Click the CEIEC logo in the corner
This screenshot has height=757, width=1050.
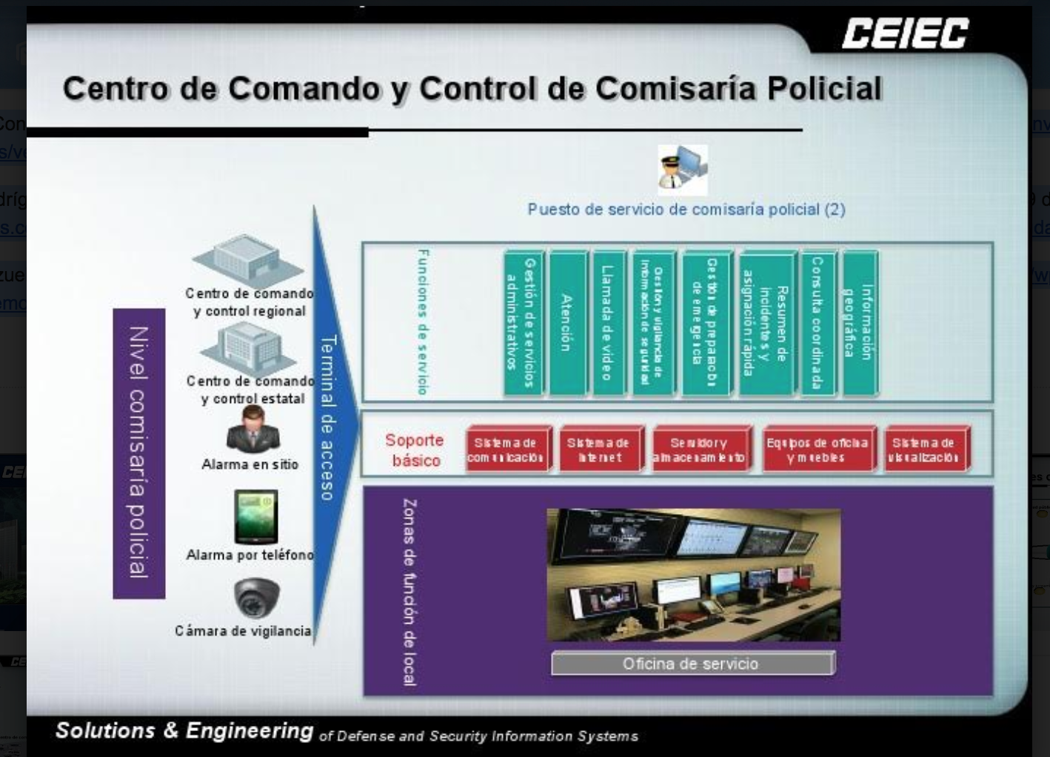[905, 34]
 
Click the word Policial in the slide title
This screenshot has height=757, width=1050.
[824, 89]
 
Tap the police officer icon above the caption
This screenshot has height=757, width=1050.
[682, 169]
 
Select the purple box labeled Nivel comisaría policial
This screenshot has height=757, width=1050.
[138, 453]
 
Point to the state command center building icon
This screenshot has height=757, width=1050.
[252, 348]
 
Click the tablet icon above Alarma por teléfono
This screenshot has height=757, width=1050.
[256, 516]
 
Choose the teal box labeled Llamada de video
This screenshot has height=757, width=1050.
[608, 323]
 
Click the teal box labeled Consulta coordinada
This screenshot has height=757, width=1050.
[817, 323]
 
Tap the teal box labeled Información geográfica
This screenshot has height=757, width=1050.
[860, 323]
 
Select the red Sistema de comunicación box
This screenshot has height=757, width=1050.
[508, 450]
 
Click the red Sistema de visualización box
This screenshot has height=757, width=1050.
[926, 450]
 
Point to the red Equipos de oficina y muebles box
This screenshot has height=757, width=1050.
[818, 450]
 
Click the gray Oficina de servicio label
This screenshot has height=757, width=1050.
[692, 664]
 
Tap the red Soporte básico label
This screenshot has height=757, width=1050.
[415, 450]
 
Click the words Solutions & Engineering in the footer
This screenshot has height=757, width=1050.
[184, 730]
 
